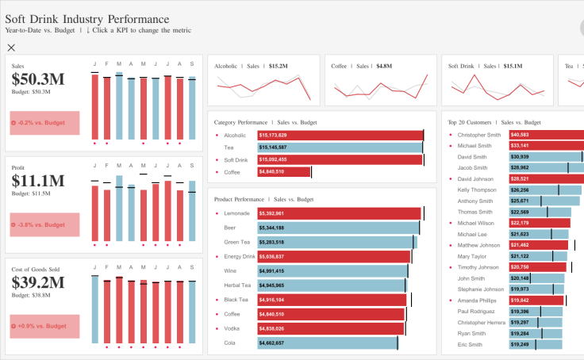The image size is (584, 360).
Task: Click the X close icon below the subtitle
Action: pyautogui.click(x=11, y=48)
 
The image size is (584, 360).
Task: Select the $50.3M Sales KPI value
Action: pyautogui.click(x=38, y=79)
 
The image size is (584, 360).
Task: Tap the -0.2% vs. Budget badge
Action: pyautogui.click(x=44, y=124)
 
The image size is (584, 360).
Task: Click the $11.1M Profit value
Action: pyautogui.click(x=38, y=180)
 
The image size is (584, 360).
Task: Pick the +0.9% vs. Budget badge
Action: pyautogui.click(x=44, y=326)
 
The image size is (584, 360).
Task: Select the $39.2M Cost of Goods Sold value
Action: pyautogui.click(x=38, y=281)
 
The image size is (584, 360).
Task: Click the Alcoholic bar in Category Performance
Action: pyautogui.click(x=340, y=136)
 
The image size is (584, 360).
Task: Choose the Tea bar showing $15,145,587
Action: pyautogui.click(x=340, y=147)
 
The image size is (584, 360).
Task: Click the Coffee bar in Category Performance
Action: pyautogui.click(x=283, y=171)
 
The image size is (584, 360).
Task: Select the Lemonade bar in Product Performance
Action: pyautogui.click(x=339, y=213)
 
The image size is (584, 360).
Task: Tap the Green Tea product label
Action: pyautogui.click(x=237, y=242)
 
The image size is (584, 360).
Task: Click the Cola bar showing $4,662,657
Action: pyautogui.click(x=327, y=343)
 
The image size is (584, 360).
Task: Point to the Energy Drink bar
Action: pyautogui.click(x=333, y=257)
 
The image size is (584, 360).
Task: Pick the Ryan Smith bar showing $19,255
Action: pyautogui.click(x=536, y=334)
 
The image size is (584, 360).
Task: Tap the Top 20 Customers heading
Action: pyautogui.click(x=494, y=123)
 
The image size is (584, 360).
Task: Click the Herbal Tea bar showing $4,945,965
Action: pyautogui.click(x=332, y=285)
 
